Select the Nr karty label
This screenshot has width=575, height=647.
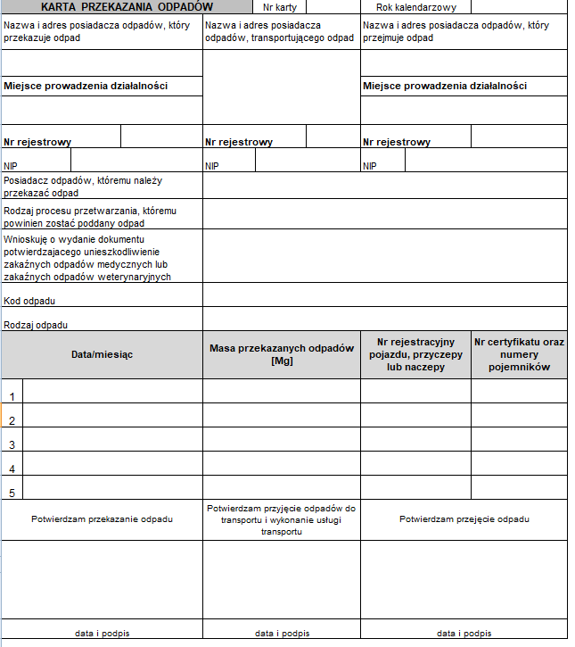point(280,7)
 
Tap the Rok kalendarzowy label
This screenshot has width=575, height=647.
point(415,7)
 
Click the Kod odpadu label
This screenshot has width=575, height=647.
point(23,301)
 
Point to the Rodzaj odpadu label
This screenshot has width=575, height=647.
point(36,325)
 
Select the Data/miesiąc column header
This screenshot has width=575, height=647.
point(102,354)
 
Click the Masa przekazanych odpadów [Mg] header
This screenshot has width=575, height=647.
point(282,354)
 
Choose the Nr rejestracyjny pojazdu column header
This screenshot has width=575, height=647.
point(415,354)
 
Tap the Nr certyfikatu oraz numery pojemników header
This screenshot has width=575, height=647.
point(519,354)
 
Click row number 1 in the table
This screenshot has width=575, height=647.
point(12,396)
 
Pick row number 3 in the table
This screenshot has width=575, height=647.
point(12,444)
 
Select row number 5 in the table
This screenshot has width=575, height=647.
point(12,492)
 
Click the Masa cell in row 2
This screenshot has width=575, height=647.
point(282,416)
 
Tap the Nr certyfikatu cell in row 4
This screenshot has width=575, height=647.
point(519,463)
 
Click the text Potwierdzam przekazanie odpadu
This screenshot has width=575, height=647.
point(102,518)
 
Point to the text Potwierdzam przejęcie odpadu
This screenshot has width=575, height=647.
point(464,518)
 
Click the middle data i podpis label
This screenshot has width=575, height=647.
point(282,633)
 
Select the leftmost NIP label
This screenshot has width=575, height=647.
point(11,166)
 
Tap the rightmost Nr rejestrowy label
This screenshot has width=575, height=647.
point(396,142)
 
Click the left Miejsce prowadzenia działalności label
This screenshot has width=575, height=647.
point(86,87)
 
